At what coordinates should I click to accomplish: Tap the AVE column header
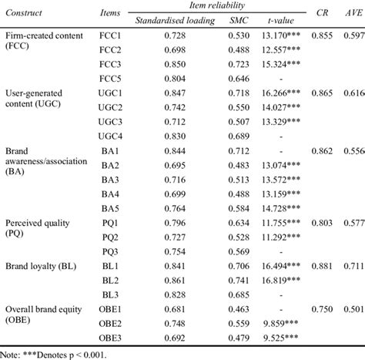coord(353,13)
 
